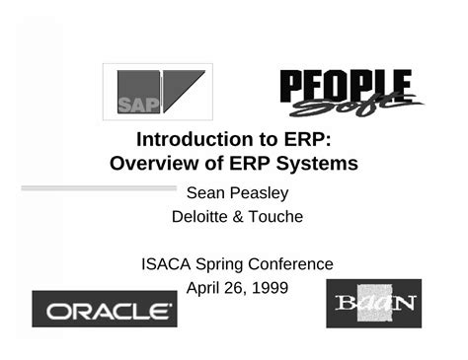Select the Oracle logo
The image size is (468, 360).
[105, 311]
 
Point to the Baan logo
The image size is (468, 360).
[373, 303]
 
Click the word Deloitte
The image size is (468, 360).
[205, 217]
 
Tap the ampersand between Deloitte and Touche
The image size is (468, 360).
[243, 217]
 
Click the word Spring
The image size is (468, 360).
[219, 265]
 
